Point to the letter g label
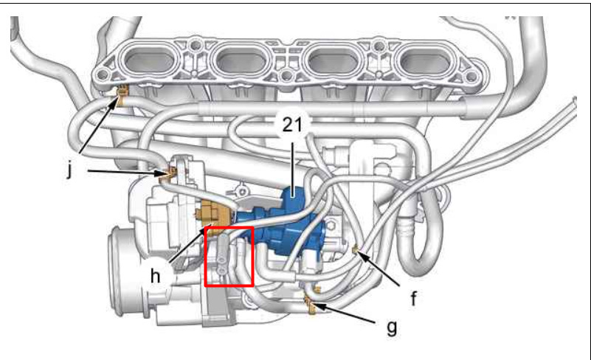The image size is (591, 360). (391, 326)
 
